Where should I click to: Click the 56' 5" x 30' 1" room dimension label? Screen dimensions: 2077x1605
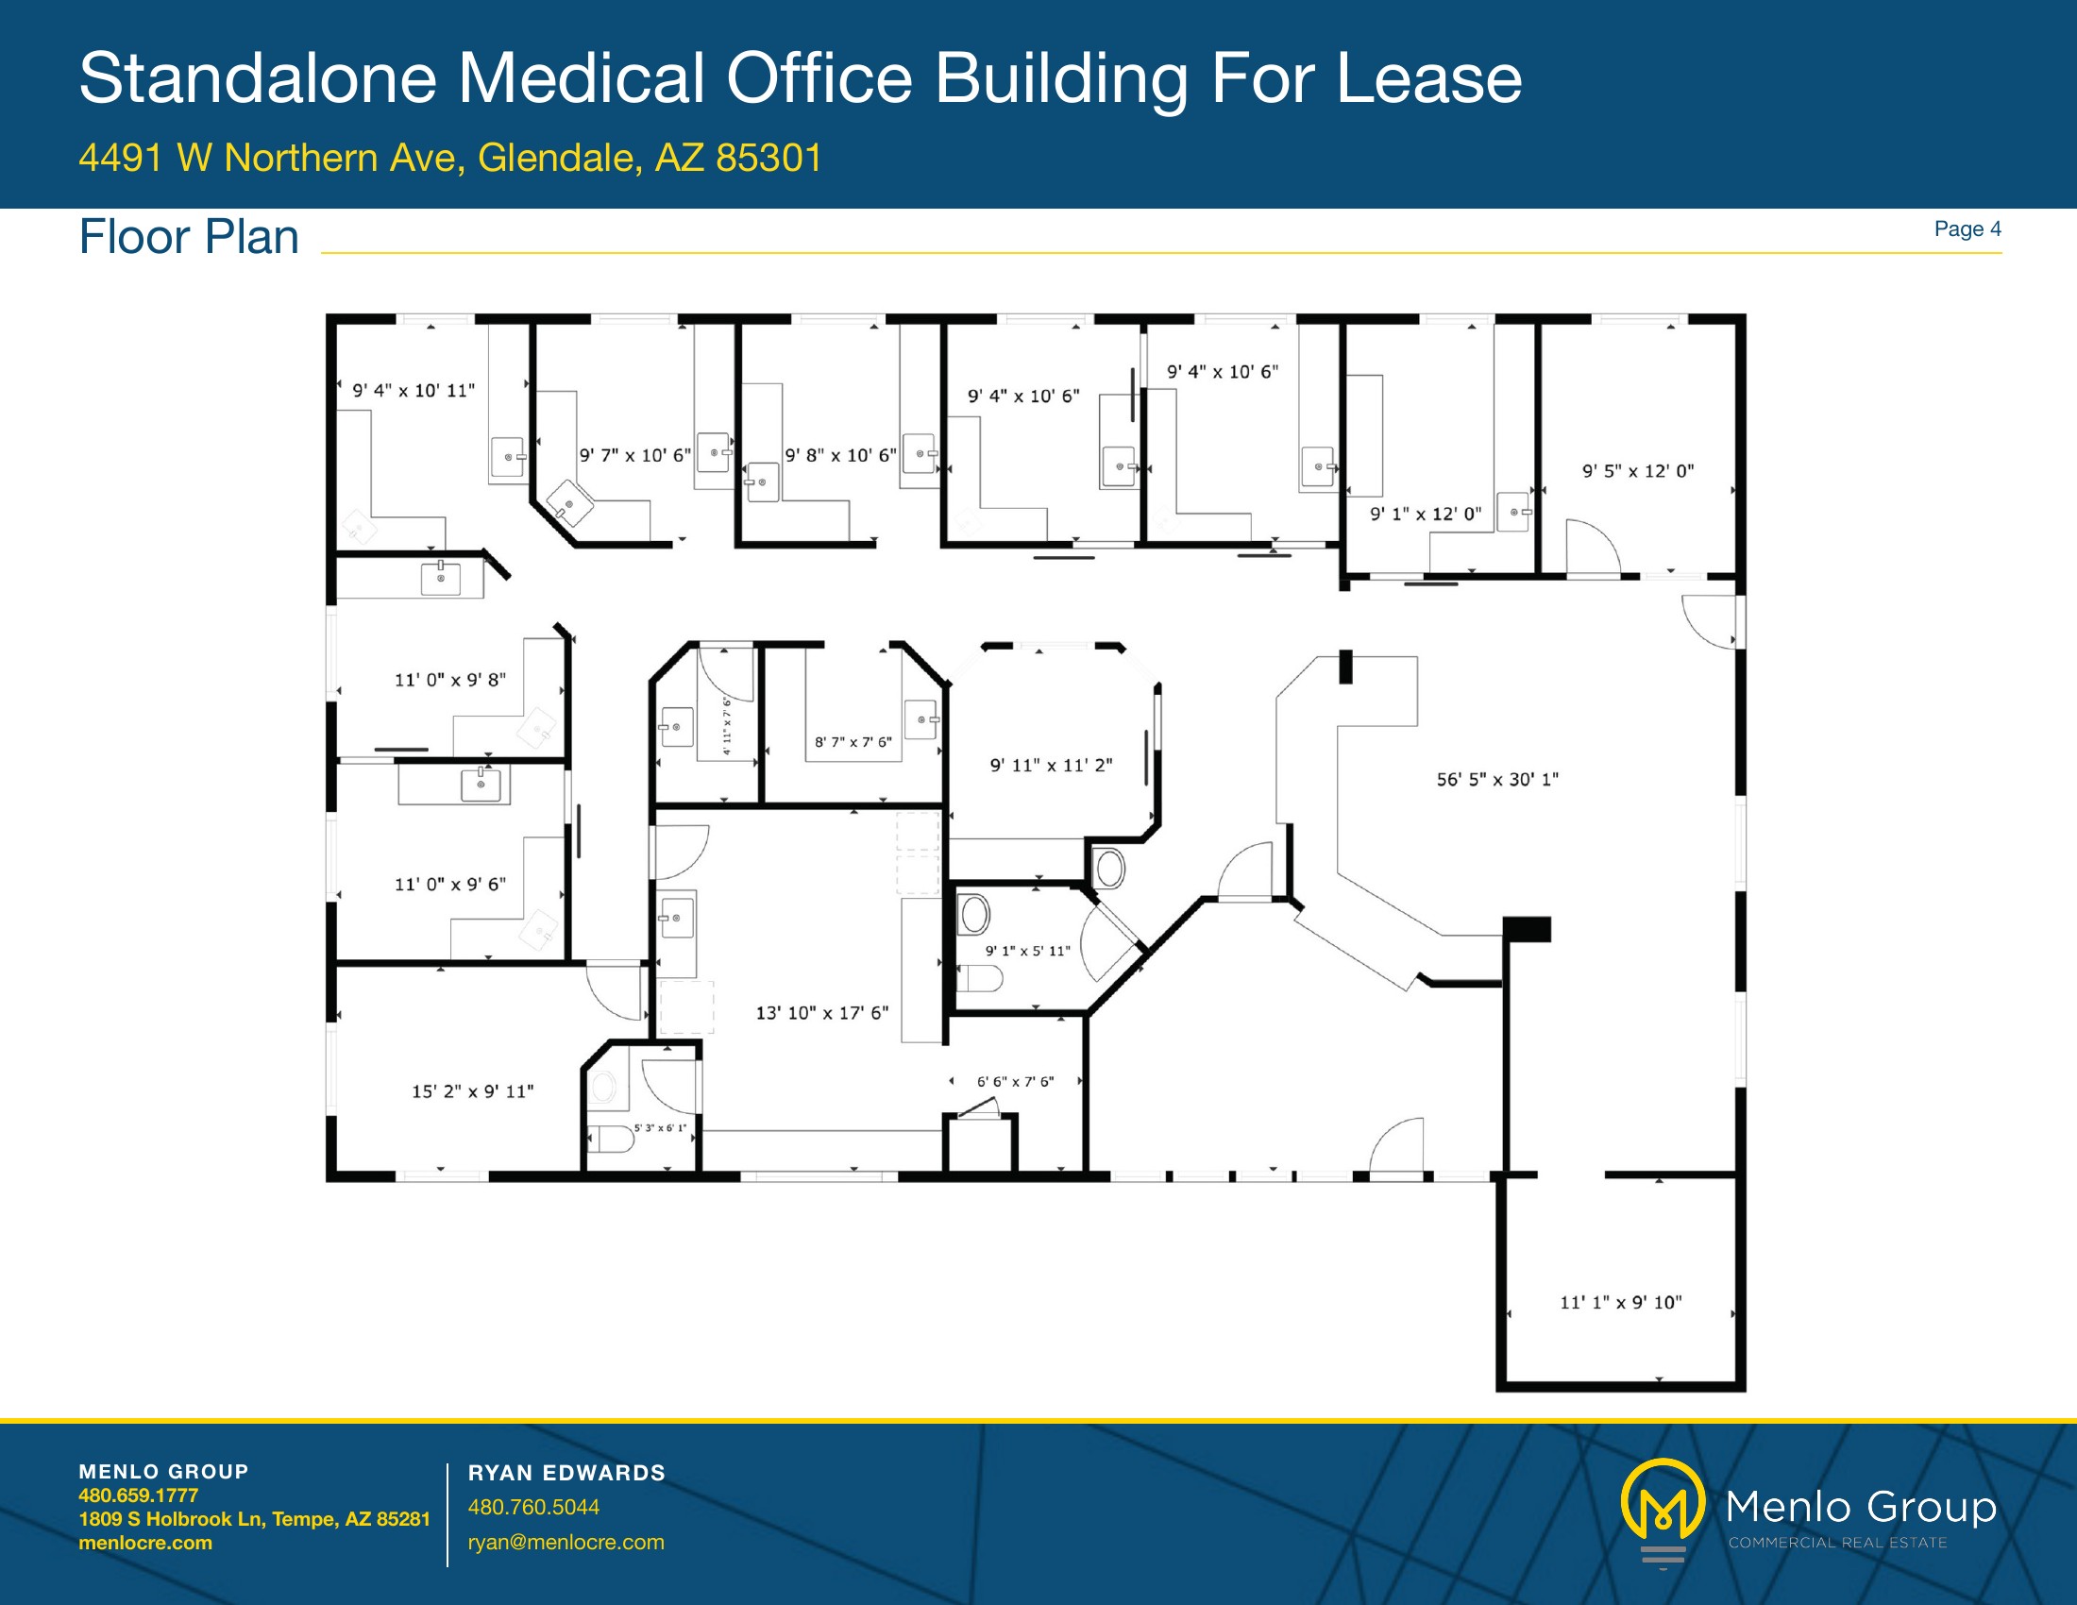(x=1498, y=780)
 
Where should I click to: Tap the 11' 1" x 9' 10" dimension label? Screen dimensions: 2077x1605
(x=1620, y=1303)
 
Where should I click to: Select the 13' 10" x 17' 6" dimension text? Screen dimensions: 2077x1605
(x=821, y=1013)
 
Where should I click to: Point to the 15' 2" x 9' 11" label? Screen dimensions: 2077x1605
(x=473, y=1091)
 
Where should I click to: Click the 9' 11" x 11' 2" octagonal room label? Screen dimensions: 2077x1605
(x=1051, y=766)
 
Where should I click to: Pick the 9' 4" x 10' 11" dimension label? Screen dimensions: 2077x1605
(x=414, y=391)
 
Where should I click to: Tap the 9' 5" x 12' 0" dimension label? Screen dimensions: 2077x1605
(x=1638, y=471)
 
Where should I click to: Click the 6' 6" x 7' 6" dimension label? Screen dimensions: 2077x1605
(x=1015, y=1081)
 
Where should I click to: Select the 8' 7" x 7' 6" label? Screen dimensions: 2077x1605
(x=853, y=742)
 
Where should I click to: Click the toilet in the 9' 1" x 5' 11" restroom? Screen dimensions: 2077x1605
(x=980, y=978)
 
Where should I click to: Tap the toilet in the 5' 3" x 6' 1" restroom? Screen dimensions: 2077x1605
(x=611, y=1139)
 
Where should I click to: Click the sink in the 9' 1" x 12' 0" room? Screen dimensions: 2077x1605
(x=1513, y=512)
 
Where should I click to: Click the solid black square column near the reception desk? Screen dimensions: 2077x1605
(x=1528, y=929)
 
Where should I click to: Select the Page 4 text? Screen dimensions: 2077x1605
(x=1967, y=229)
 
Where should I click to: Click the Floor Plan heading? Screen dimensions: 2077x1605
(x=188, y=237)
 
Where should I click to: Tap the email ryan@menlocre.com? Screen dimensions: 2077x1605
(x=566, y=1543)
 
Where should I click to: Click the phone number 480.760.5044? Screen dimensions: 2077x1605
(x=533, y=1507)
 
